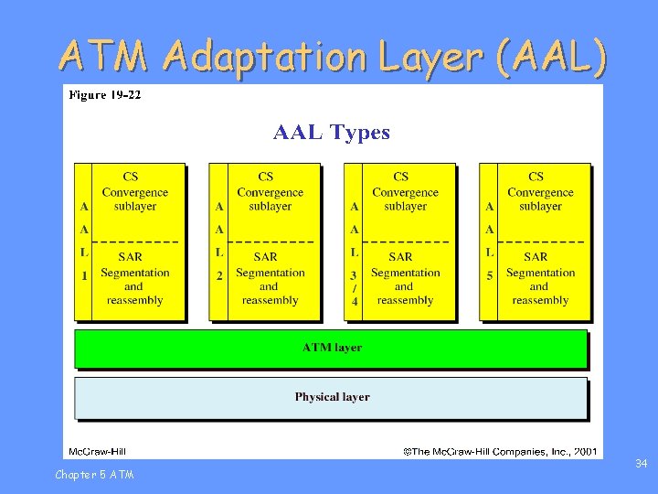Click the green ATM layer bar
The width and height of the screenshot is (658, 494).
pos(331,348)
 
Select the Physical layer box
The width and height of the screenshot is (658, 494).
pos(331,397)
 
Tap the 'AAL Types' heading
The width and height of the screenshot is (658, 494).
pos(332,133)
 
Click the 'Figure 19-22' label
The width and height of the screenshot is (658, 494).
pos(104,94)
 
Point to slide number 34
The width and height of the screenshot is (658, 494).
pos(642,465)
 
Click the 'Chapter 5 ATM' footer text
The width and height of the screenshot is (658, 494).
pos(94,474)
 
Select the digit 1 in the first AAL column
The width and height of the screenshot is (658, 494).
pos(84,274)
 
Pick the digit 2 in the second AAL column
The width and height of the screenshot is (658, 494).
pos(219,274)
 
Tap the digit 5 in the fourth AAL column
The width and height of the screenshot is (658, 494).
pos(490,274)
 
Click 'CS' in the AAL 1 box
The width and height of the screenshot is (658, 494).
pos(131,177)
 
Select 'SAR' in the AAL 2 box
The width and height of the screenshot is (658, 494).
pos(265,257)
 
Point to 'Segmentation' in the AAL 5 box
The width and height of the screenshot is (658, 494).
pos(540,273)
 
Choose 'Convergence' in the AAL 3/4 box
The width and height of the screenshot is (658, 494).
pos(405,192)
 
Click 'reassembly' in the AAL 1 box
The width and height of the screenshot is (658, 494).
pos(134,300)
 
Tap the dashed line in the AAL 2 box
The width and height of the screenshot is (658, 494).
pos(271,242)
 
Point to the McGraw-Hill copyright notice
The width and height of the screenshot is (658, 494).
pos(501,451)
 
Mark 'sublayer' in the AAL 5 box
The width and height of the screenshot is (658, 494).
pos(540,207)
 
